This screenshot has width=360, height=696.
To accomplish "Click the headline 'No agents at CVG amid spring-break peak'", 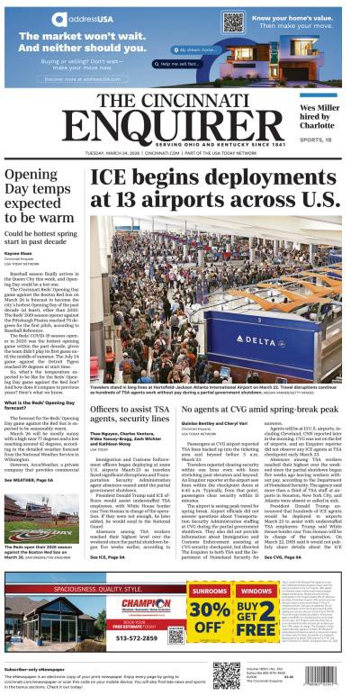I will (259, 410).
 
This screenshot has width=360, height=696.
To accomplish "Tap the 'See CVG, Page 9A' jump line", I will (284, 557).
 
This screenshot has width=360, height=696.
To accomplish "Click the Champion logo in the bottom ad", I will (146, 602).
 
